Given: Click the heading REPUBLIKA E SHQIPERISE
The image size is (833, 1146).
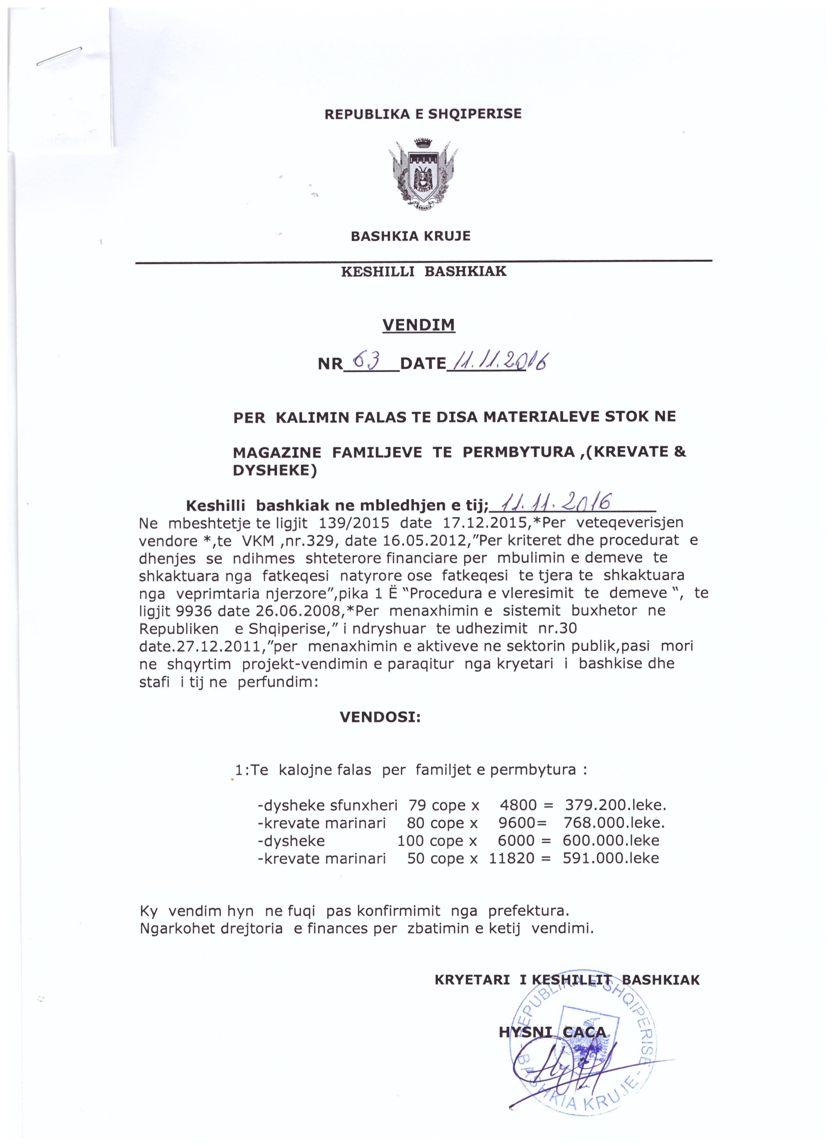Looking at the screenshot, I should (423, 114).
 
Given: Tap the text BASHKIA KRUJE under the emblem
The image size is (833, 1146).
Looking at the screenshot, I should (411, 236).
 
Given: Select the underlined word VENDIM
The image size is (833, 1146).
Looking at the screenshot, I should (419, 325).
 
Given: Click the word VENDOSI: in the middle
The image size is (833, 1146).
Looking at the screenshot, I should (380, 717).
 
